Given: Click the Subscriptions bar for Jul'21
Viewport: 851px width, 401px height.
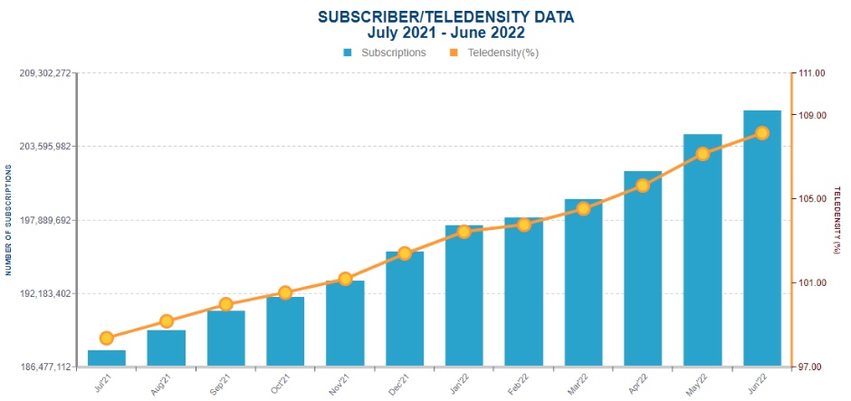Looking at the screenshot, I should click(107, 358).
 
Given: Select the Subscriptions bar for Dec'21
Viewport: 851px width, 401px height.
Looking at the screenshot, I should click(405, 310).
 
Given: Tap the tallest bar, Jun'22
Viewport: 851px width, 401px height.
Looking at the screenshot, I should click(762, 239).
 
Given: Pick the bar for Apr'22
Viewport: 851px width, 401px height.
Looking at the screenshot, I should click(643, 269).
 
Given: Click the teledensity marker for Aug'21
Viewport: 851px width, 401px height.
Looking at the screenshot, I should click(166, 321).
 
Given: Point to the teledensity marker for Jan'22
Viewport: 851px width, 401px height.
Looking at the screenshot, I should click(464, 232).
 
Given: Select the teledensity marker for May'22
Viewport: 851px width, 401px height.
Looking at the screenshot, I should click(703, 154).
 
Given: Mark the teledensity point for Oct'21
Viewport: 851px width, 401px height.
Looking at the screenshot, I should click(285, 293).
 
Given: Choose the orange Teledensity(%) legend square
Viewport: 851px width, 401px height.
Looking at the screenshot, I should click(454, 53).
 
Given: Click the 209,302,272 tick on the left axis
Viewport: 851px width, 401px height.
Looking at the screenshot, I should click(44, 73).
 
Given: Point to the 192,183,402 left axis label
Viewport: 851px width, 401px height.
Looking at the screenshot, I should click(44, 294).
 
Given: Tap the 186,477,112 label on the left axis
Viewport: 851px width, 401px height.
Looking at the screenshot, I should click(44, 368).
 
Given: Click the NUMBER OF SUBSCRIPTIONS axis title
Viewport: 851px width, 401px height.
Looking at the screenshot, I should click(7, 221).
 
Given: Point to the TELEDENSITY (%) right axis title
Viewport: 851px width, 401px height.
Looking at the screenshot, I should click(838, 221).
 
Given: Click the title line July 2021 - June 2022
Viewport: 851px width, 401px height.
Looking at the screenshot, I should click(446, 33).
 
